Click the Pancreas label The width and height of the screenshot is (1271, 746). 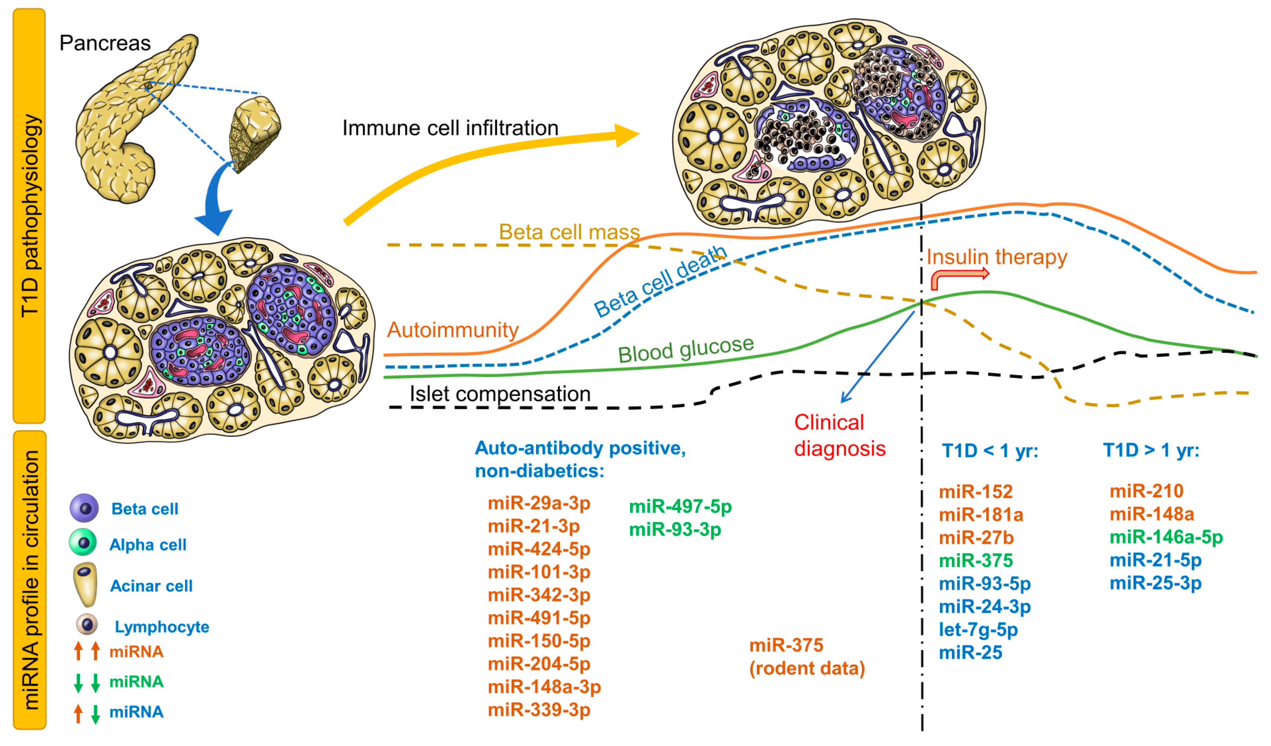105,43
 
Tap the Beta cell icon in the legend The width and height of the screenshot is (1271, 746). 84,508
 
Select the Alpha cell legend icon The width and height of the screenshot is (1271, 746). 83,543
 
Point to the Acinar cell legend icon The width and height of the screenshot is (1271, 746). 85,584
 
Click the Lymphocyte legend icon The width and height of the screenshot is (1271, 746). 87,625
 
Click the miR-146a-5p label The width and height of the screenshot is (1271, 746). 1166,537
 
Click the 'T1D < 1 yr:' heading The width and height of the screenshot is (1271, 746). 990,450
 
